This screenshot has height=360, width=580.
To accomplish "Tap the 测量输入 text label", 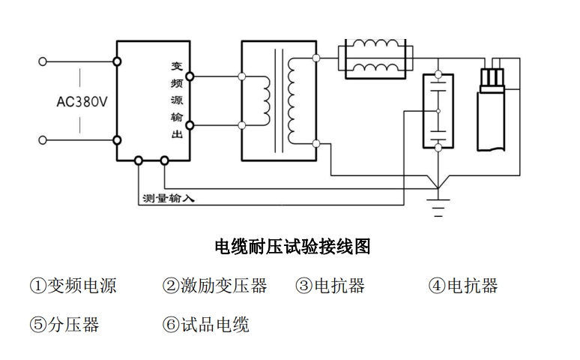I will (168, 199).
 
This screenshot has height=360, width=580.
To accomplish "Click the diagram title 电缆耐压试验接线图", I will (292, 246).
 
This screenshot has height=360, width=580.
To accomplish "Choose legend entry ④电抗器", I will (462, 286).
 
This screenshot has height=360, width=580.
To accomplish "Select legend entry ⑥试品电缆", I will (205, 325).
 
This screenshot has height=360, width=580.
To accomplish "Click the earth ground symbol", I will (438, 205).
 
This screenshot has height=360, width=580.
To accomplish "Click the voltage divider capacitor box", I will (438, 111).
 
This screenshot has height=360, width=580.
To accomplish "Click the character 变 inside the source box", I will (177, 67).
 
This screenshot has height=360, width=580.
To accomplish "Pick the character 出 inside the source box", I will (177, 135).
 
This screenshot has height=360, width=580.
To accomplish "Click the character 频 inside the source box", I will (177, 83).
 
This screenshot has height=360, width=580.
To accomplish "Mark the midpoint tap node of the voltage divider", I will (438, 112).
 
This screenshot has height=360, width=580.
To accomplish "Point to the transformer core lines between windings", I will (281, 100).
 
